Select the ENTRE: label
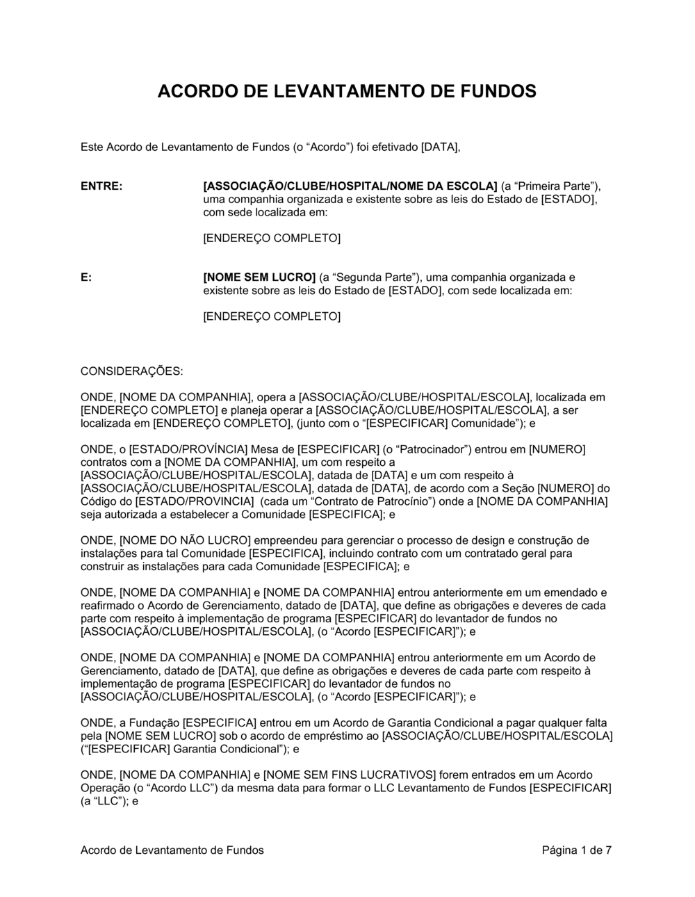click(x=101, y=186)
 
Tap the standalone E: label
click(x=86, y=277)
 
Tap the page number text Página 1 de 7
click(x=577, y=850)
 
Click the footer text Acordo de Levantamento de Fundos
click(x=172, y=850)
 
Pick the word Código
click(x=99, y=501)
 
